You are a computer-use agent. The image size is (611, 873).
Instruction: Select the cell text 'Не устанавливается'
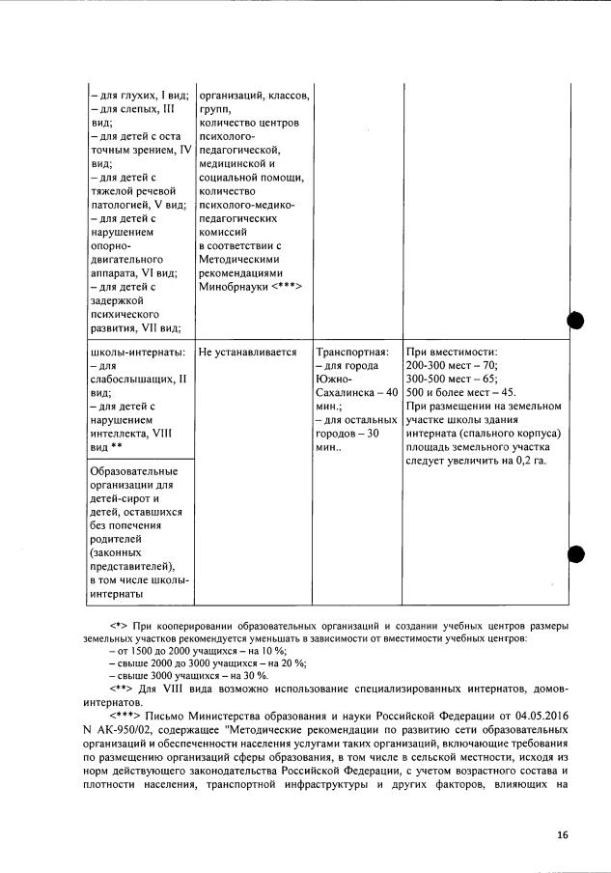(x=247, y=352)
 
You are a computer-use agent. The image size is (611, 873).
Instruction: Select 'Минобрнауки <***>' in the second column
(x=250, y=287)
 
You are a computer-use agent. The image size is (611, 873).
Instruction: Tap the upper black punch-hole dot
(x=577, y=322)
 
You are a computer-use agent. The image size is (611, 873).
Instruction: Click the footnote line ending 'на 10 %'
(x=205, y=653)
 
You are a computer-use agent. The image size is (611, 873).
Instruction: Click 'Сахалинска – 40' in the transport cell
(x=356, y=393)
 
